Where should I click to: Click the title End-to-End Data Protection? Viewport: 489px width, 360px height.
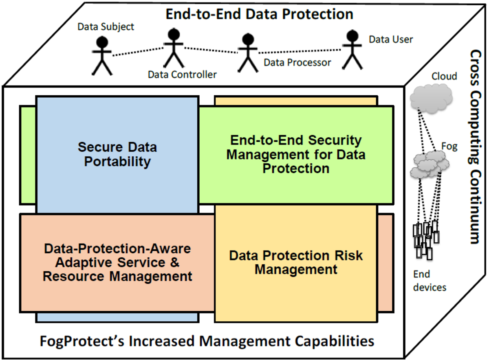pos(259,14)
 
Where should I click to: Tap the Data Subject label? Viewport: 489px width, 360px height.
pos(106,27)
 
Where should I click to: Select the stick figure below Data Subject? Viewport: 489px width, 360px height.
pos(102,56)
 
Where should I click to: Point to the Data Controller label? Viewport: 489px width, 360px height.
pos(182,75)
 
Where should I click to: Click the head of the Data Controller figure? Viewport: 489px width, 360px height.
pos(174,35)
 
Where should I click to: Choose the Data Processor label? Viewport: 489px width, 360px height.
pos(297,63)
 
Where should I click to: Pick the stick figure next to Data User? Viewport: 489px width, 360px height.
pos(352,50)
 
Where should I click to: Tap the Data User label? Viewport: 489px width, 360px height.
pos(391,40)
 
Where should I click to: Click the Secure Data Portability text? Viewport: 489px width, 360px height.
pos(117,154)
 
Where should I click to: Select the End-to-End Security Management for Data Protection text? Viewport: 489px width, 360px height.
pos(296,154)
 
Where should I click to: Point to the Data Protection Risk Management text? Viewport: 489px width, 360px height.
pos(296,263)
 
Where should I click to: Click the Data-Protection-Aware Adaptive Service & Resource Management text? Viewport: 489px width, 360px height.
pos(117,263)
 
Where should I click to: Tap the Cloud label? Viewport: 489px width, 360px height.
pos(444,77)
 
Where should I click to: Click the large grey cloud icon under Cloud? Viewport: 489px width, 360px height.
pos(431,99)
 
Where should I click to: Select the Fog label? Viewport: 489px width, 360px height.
pos(449,146)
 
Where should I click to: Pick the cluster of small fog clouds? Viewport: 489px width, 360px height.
pos(430,164)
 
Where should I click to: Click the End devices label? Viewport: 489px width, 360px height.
pos(430,281)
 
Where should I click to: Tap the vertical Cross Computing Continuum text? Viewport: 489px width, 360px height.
pos(475,147)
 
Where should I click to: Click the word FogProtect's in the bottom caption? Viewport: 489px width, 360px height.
pos(82,341)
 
